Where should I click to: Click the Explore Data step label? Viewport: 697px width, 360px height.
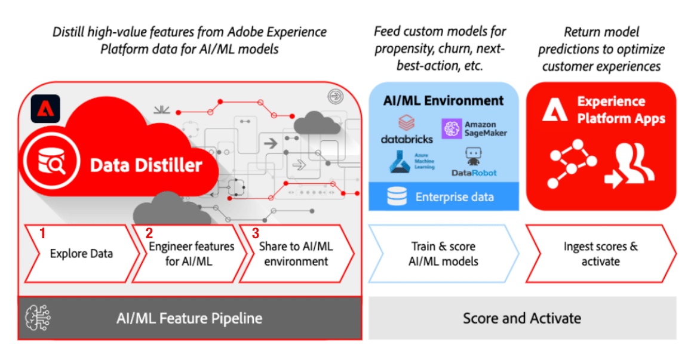pos(81,253)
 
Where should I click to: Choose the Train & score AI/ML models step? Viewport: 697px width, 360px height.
pos(443,253)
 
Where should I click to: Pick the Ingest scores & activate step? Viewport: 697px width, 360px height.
pos(600,253)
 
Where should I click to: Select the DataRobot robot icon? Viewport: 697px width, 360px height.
pos(472,156)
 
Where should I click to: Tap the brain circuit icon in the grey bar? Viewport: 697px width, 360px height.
pos(38,318)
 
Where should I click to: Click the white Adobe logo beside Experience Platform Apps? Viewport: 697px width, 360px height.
pos(555,110)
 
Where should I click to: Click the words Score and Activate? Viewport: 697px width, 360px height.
pos(521,318)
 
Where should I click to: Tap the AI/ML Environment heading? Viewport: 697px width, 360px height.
pos(443,100)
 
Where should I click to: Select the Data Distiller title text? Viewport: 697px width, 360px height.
pos(146,165)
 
